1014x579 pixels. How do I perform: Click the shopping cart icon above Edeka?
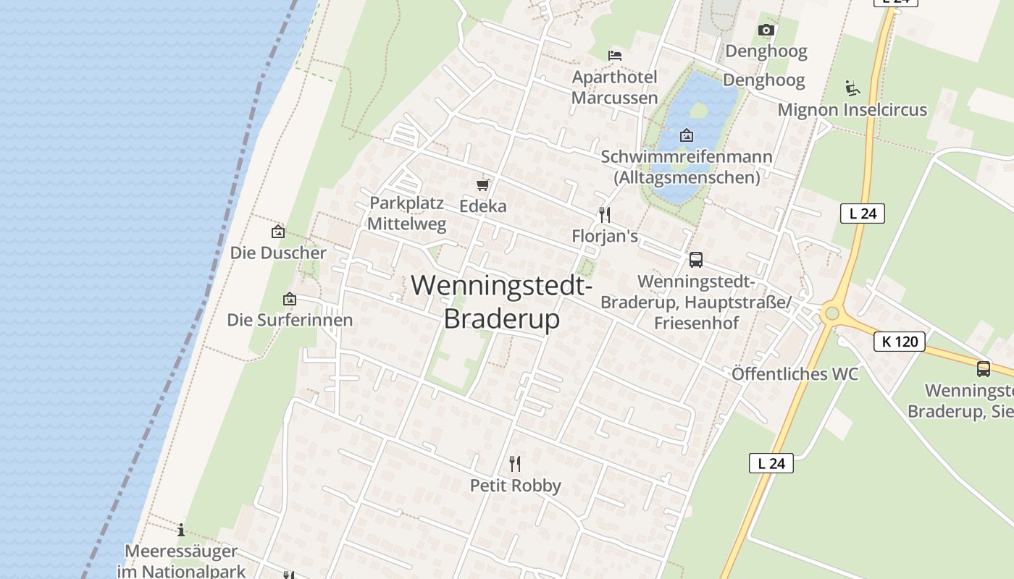coord(483,185)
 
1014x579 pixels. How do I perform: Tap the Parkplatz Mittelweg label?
coord(406,214)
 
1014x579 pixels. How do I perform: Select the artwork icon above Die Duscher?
coord(277,232)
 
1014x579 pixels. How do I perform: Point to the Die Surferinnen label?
coord(290,320)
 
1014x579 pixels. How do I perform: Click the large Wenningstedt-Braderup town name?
coord(502,301)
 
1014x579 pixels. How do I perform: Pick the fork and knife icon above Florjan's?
coord(605,214)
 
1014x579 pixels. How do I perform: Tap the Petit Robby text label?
coord(516,486)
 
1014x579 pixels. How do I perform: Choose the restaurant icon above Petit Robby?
coord(515,463)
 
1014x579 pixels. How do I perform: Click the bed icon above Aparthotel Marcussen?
coord(615,55)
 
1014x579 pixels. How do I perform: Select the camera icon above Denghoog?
coord(766,30)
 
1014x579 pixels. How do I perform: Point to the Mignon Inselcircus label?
coord(852,110)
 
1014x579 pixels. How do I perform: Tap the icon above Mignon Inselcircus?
coord(852,88)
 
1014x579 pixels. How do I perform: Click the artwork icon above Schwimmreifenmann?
coord(686,135)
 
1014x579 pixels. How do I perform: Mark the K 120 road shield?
coord(900,342)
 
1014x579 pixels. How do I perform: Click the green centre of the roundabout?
coord(831,313)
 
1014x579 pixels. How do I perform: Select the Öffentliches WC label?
coord(795,374)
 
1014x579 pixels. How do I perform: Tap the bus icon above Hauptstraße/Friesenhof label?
coord(695,259)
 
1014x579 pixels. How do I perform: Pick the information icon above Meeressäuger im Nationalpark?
coord(180,530)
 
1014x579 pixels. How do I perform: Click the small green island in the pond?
coord(698,110)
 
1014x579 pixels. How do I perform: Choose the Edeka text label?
coord(483,206)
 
